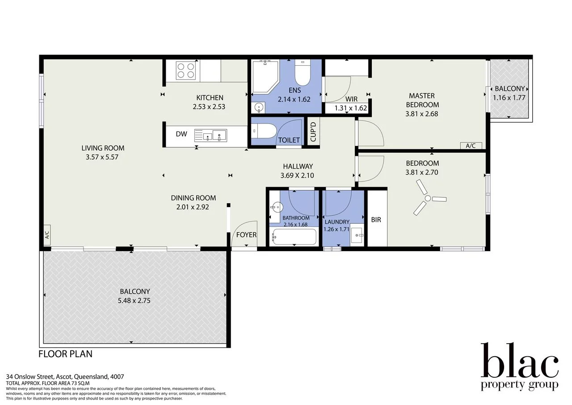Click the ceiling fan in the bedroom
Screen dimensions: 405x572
coord(428,198)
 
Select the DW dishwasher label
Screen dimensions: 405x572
coord(181,134)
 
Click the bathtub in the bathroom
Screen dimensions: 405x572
coord(294,236)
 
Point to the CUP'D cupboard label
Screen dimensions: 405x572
coord(313,132)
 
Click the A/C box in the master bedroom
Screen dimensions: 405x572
coord(471,145)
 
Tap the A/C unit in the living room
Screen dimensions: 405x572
coord(47,235)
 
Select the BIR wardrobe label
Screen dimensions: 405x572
coord(376,220)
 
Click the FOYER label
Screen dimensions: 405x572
coord(246,234)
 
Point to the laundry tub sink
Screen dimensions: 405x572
coord(357,235)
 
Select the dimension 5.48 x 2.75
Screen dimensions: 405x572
coord(134,301)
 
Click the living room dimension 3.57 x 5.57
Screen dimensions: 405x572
coord(103,157)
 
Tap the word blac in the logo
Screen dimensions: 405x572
coord(519,362)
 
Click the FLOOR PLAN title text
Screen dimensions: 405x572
coord(66,354)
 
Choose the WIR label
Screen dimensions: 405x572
coord(351,99)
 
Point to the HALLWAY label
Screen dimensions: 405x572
coord(297,166)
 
